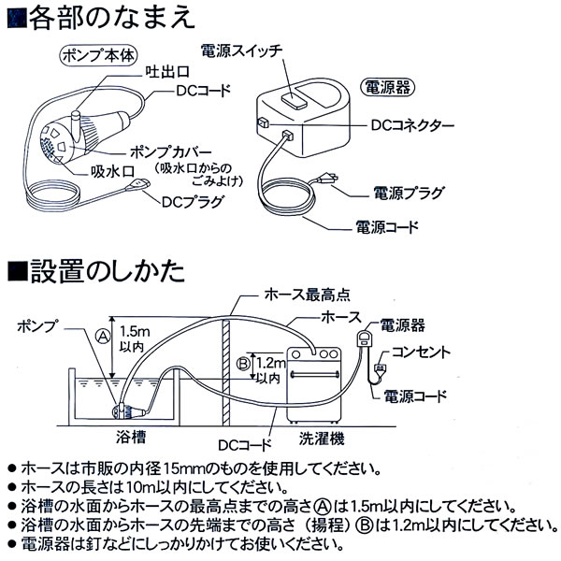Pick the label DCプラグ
189,200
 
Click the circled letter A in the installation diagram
103,336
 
